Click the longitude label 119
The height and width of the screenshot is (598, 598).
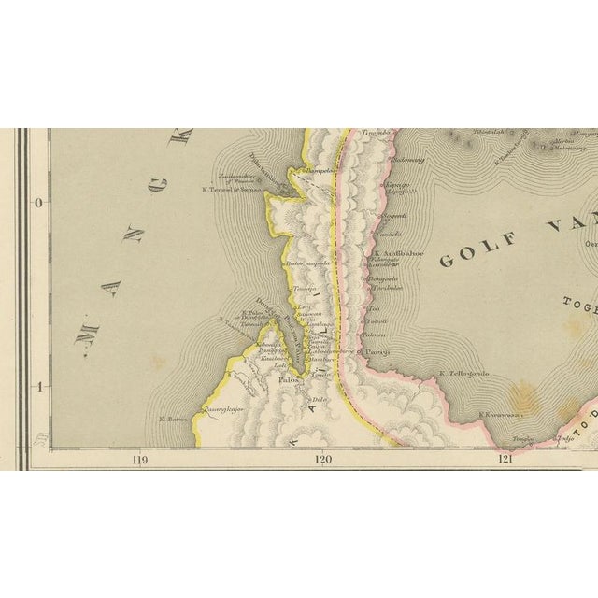tap(140, 459)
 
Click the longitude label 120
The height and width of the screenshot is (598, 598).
tap(323, 459)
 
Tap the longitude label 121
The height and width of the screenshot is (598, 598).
tap(505, 459)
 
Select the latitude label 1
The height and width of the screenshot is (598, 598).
tap(37, 385)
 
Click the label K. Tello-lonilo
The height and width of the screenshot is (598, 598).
tap(464, 376)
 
